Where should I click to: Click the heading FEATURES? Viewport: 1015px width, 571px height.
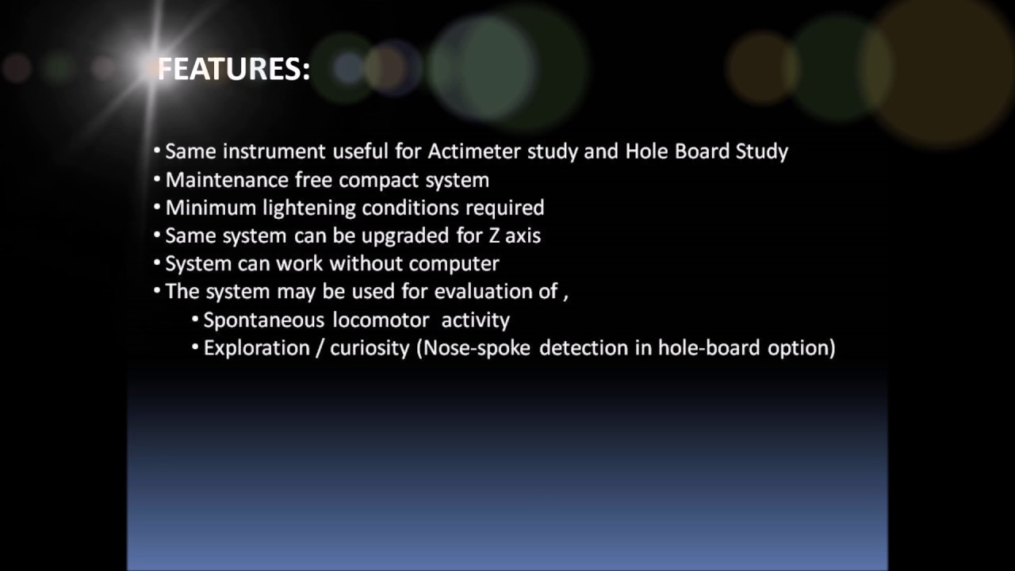pos(234,70)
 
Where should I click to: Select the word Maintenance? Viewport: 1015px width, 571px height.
pos(227,180)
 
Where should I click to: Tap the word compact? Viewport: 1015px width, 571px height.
pos(379,181)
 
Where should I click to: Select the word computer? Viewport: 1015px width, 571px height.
pos(454,263)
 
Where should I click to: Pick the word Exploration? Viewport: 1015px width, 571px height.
pos(256,348)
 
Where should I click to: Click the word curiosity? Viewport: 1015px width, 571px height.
pos(370,348)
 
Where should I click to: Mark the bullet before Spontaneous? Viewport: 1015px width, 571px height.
pos(195,320)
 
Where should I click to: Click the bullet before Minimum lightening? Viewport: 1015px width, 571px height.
pos(157,208)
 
